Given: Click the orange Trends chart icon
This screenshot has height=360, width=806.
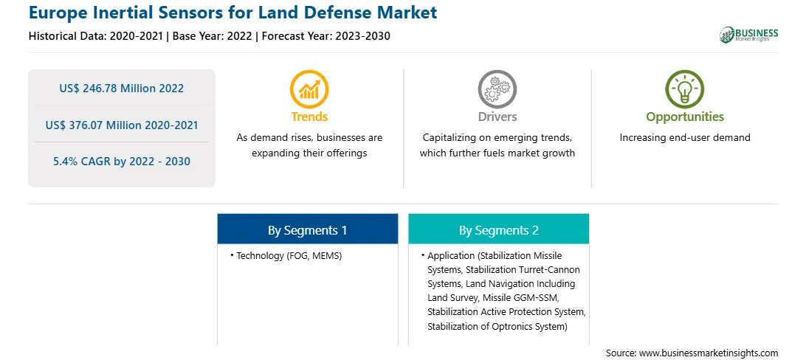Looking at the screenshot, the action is pos(309,89).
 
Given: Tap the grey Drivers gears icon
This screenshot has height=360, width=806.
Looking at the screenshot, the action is pos(497,89).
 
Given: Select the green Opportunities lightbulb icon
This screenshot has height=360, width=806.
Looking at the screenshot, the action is pos(685,89).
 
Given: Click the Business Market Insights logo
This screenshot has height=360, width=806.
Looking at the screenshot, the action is pos(749,35).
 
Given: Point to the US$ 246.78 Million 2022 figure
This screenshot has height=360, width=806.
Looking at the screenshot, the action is pos(121,89).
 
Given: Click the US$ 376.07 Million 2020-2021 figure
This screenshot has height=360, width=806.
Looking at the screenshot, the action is pos(121,125).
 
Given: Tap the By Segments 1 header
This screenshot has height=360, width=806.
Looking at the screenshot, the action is pos(307,231).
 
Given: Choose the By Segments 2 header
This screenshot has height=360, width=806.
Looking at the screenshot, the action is pos(499,231).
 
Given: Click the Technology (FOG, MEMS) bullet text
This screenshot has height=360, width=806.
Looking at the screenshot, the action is pos(289,255).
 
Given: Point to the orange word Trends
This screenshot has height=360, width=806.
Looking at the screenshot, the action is pos(309,117).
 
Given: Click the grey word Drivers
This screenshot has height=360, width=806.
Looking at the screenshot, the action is pos(497,117).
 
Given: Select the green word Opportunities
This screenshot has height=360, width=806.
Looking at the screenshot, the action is pos(685,117).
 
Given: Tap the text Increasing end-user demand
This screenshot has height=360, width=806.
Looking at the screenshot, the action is pos(685,138).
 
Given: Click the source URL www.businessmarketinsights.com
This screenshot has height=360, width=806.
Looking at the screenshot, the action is pos(709,353).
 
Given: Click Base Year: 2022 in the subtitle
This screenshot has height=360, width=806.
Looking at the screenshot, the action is pos(213,36).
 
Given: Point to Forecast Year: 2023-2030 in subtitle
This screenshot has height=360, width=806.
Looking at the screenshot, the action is pos(324,36).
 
